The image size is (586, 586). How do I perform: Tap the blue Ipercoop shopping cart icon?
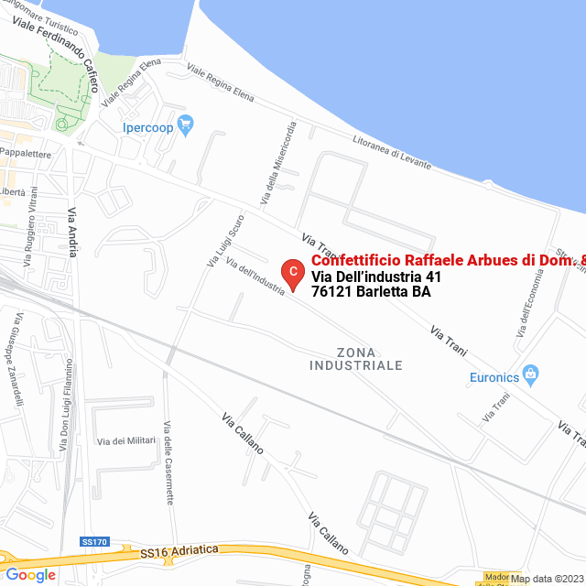[x=186, y=125]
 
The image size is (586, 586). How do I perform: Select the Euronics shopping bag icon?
[x=530, y=374]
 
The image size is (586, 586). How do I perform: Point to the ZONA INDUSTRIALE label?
[x=356, y=359]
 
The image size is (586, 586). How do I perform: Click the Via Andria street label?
[x=73, y=233]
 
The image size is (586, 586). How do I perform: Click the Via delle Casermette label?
[x=168, y=462]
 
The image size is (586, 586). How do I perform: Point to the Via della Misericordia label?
[x=278, y=163]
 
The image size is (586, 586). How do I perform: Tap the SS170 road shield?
[x=94, y=542]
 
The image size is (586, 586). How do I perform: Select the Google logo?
[x=30, y=575]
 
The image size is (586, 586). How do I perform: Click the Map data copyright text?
[x=547, y=579]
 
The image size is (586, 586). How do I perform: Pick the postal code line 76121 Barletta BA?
[x=371, y=292]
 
